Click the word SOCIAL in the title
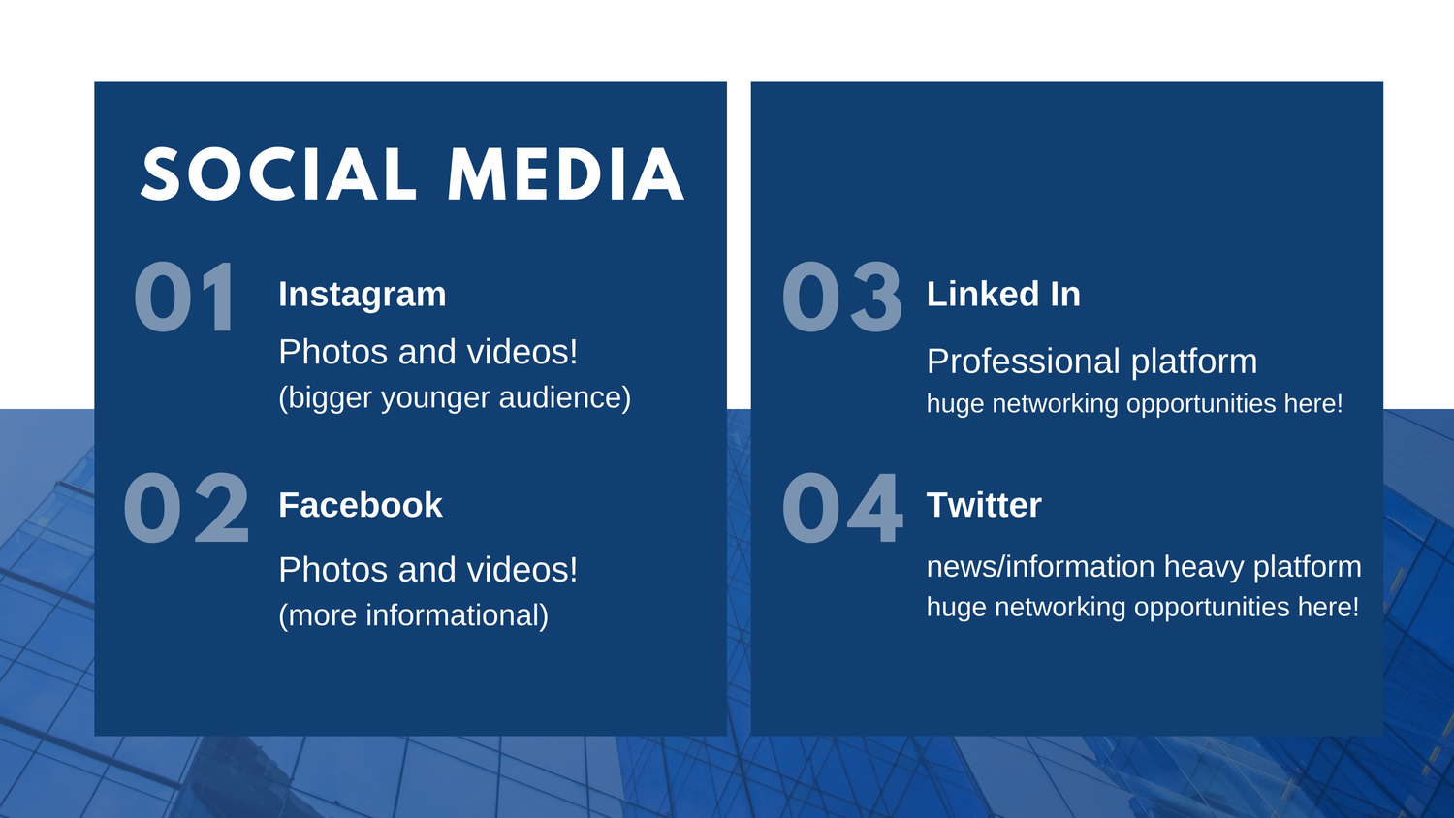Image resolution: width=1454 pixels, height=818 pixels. tap(278, 174)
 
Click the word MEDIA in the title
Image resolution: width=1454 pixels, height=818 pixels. tap(566, 174)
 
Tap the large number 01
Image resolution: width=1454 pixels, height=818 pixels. tap(185, 298)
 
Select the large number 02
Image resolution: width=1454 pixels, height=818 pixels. tap(186, 508)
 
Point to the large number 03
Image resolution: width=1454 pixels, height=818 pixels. tap(842, 298)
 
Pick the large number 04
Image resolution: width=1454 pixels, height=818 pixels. tap(842, 508)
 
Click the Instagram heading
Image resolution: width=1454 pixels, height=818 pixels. tap(363, 295)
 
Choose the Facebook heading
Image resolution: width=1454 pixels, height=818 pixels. tap(361, 505)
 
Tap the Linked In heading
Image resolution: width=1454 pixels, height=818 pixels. tap(1003, 294)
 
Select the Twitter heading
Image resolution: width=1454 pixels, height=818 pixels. tap(984, 505)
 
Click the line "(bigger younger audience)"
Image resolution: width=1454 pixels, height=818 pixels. tap(455, 398)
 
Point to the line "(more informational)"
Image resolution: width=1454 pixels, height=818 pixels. tap(414, 615)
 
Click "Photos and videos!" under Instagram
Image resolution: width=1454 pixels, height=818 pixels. tap(427, 352)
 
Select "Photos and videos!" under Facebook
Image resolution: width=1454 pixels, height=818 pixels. tap(427, 569)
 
